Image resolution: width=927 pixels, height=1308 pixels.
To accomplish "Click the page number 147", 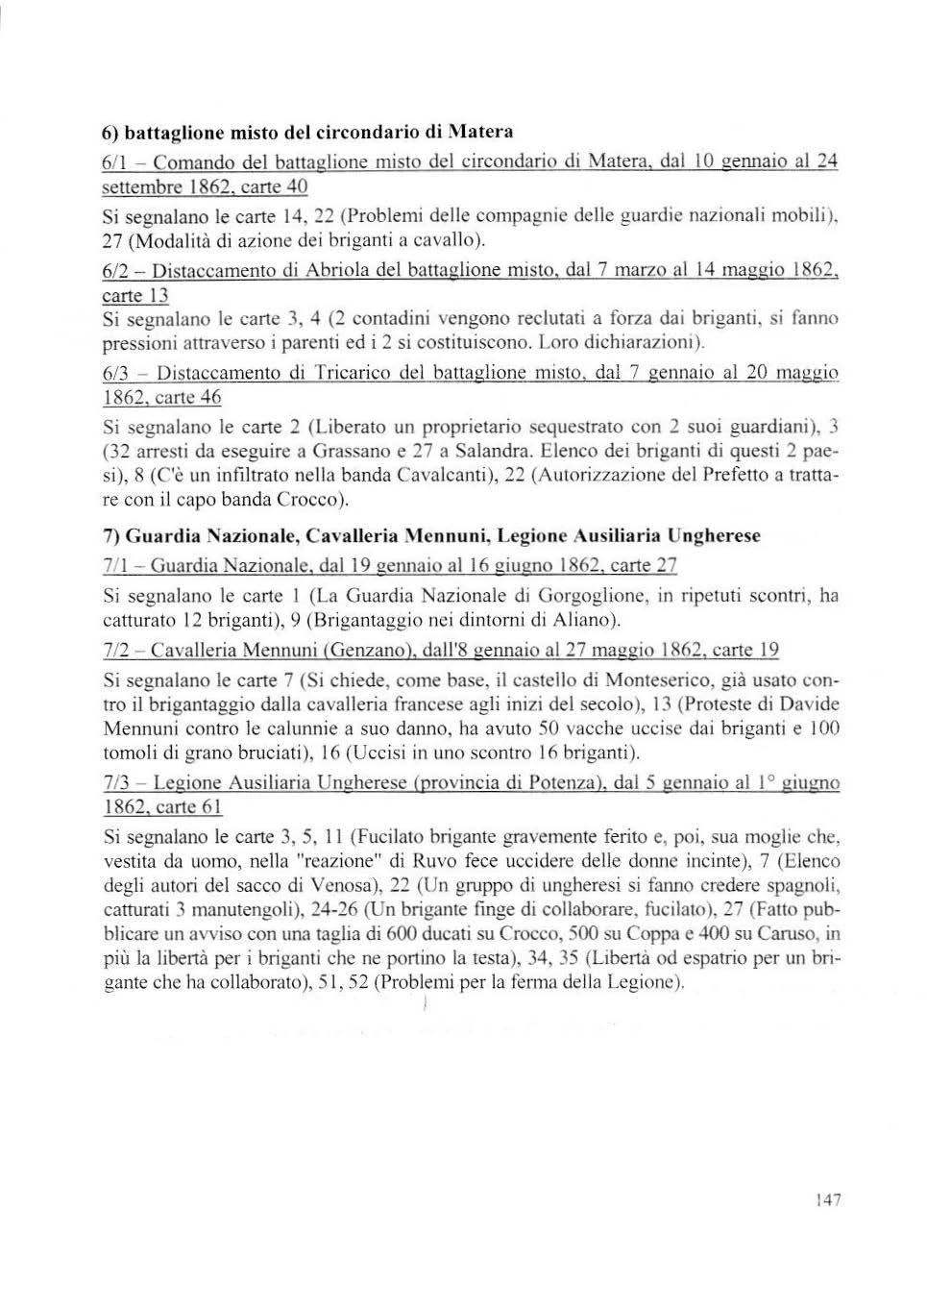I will point(827,1199).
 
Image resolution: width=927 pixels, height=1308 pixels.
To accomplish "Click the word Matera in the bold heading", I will point(480,131).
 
